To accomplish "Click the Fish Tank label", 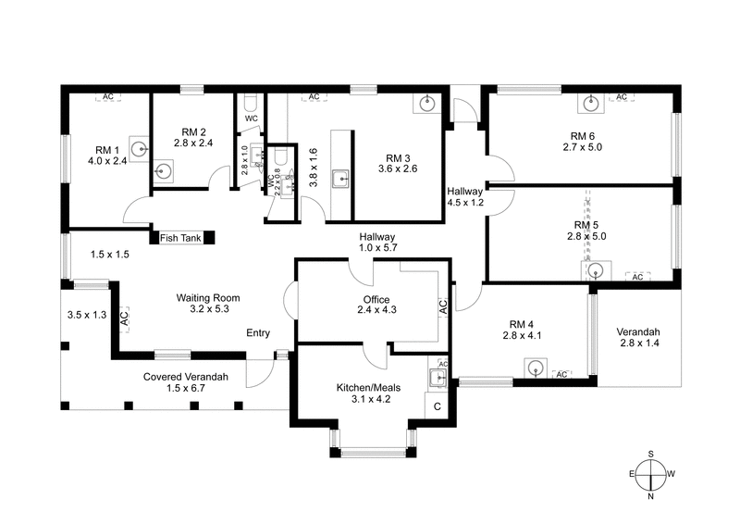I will click(180, 238).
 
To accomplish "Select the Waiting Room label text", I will click(208, 304).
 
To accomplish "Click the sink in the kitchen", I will click(438, 376).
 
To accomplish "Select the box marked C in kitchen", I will click(438, 405).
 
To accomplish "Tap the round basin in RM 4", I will click(536, 368).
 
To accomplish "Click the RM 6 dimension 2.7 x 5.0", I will click(582, 146).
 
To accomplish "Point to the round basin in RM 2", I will click(164, 169).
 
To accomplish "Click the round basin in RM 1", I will click(139, 147).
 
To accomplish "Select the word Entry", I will click(258, 333).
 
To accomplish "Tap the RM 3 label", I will click(399, 163).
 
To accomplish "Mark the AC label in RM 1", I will click(108, 96).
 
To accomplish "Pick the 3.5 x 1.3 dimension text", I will click(87, 315).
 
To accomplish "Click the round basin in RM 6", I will click(588, 103).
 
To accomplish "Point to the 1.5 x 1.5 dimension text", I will click(109, 254).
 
